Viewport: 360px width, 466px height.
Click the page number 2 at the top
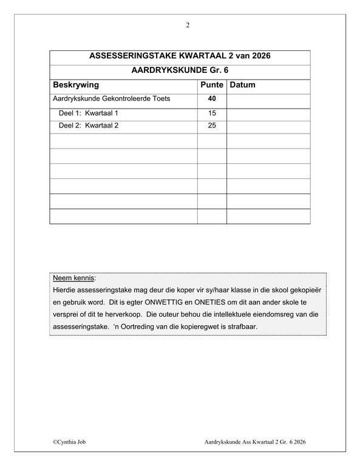(188, 25)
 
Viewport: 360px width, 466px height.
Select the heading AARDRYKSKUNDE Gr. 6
(180, 70)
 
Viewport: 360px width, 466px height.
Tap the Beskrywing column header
(76, 85)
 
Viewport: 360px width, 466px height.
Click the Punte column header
(212, 85)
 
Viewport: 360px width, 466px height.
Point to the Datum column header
(243, 85)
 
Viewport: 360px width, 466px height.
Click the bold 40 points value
(212, 99)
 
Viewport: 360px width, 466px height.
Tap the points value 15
(212, 113)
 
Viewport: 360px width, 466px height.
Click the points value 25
(212, 127)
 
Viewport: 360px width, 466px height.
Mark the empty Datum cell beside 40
(268, 99)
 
